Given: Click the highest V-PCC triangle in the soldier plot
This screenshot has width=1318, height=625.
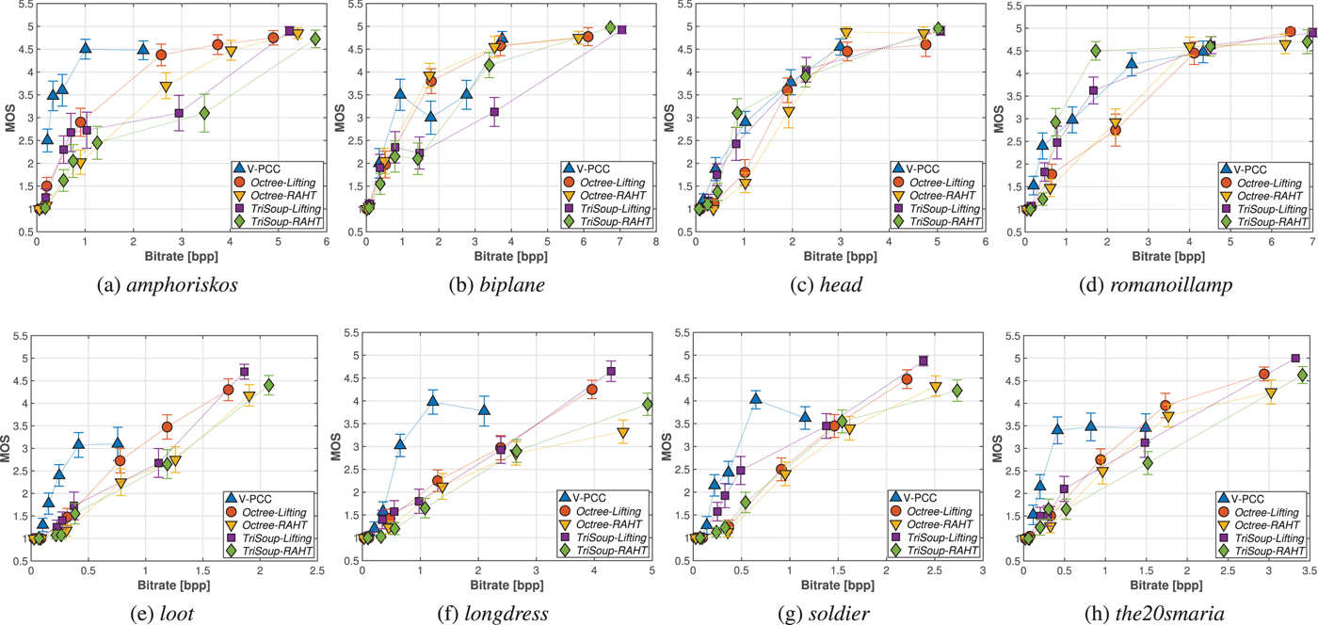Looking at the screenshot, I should [x=755, y=399].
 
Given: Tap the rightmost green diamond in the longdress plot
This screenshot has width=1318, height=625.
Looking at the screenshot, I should [x=649, y=404].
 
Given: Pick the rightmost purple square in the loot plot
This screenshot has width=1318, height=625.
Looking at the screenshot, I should [x=244, y=372].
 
